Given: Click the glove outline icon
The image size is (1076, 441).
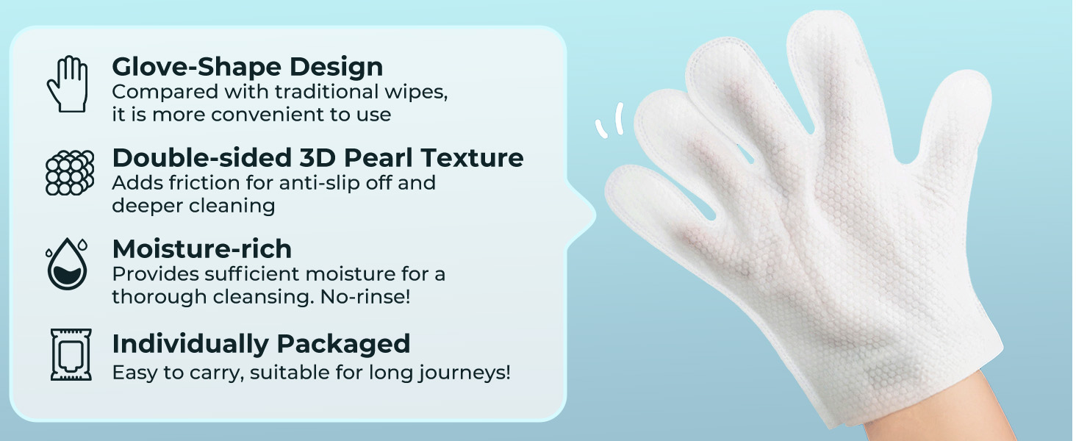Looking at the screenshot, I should pyautogui.click(x=68, y=85).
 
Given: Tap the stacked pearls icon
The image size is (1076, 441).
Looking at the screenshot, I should pyautogui.click(x=70, y=172).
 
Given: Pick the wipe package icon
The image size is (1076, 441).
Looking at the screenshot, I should pyautogui.click(x=71, y=354).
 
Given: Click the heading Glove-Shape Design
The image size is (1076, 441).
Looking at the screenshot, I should pyautogui.click(x=247, y=67).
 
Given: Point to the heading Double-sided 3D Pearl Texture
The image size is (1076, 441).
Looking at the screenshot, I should pyautogui.click(x=318, y=158).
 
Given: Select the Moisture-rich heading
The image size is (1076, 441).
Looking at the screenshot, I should pyautogui.click(x=201, y=249).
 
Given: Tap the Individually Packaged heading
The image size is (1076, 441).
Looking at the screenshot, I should pyautogui.click(x=261, y=343).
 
